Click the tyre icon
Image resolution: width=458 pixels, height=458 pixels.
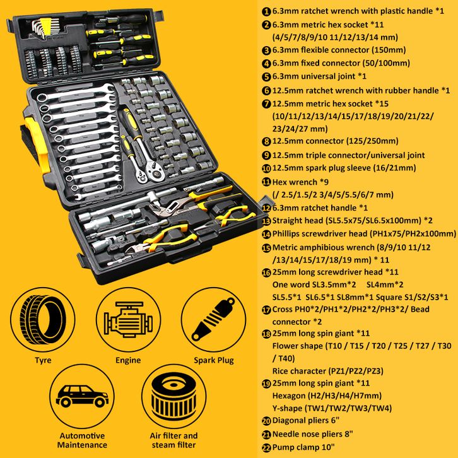click(43, 320)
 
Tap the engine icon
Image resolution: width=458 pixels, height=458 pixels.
click(128, 320)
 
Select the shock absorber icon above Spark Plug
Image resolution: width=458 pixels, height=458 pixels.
click(213, 319)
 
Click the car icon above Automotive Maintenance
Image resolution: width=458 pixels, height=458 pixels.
click(82, 396)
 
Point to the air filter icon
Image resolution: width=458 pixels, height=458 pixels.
click(173, 396)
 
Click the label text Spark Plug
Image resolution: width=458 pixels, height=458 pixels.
click(214, 360)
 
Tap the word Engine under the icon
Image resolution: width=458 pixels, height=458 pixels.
click(128, 360)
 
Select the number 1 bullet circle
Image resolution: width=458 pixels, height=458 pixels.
click(266, 12)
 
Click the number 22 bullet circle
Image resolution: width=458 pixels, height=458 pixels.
click(266, 448)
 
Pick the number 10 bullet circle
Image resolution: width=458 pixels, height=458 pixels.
click(266, 168)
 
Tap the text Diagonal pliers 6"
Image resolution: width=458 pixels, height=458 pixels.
click(306, 420)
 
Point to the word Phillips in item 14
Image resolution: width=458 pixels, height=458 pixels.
click(286, 233)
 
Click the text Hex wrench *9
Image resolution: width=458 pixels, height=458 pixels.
click(300, 182)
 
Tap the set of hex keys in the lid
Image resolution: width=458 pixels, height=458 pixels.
click(45, 28)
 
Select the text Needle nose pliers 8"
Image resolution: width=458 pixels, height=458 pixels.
click(312, 434)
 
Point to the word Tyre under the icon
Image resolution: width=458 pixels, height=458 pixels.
click(43, 360)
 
